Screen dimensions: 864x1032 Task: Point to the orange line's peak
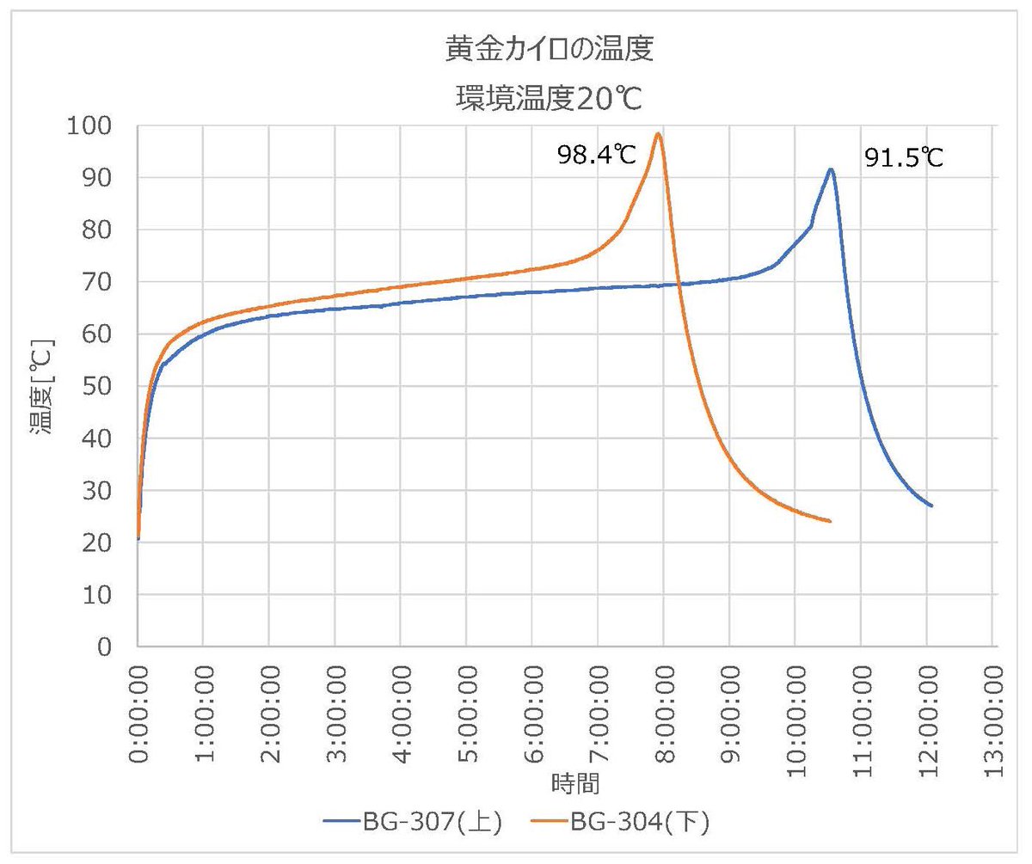coord(658,133)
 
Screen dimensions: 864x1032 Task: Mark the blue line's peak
coord(831,169)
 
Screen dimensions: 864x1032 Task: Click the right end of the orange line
coord(830,521)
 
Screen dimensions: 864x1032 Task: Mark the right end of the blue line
coord(931,506)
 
